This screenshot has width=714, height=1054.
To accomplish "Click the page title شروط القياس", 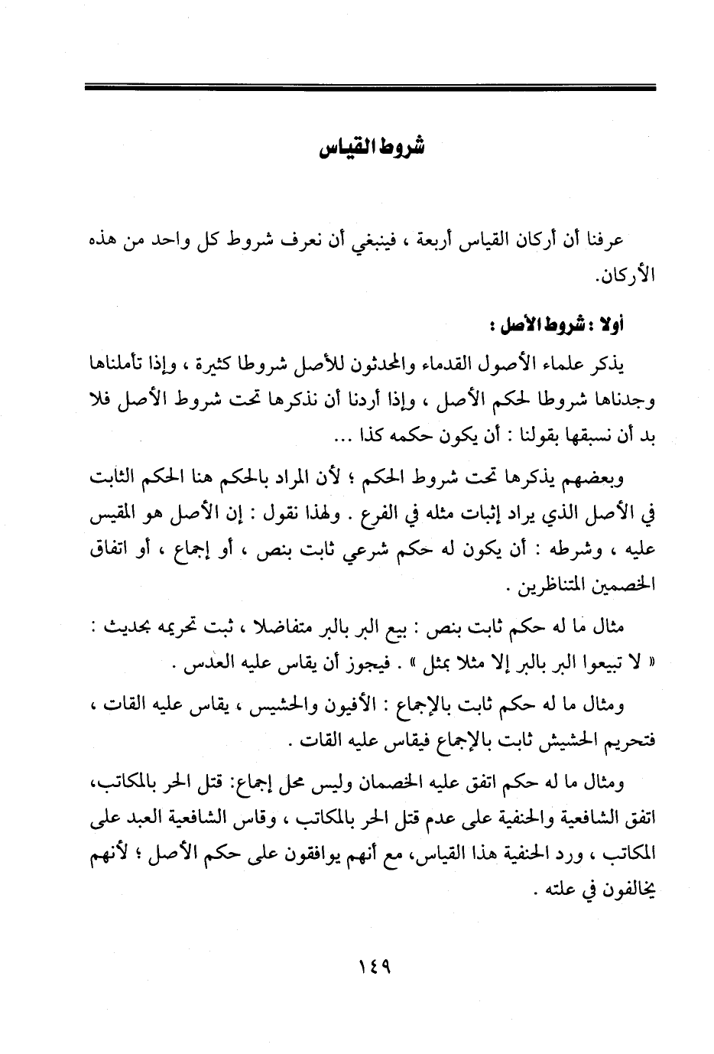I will (x=371, y=147).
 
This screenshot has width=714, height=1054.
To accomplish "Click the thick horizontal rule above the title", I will (x=371, y=89).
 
